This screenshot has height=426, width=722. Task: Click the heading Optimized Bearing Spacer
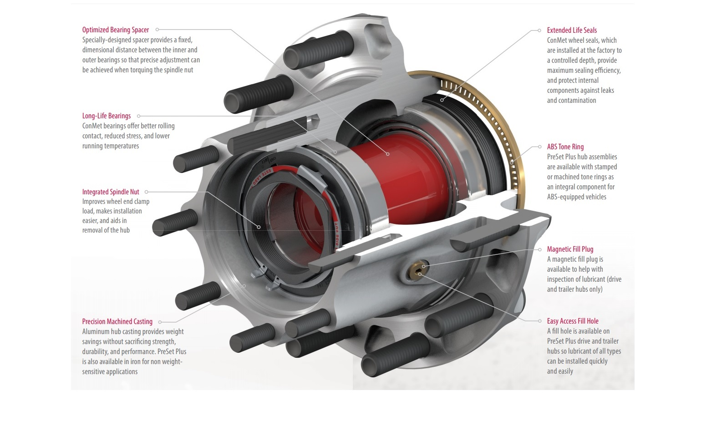(115, 30)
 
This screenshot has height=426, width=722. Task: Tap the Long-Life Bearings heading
(106, 116)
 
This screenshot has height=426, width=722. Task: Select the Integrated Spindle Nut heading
(111, 192)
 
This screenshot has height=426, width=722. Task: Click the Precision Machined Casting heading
(117, 322)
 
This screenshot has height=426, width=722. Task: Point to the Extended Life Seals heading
(572, 30)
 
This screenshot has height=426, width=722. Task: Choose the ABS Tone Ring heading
(565, 147)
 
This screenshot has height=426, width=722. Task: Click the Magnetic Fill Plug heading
(570, 249)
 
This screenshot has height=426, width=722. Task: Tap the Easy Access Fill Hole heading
(573, 321)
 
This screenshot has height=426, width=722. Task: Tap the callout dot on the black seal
(442, 100)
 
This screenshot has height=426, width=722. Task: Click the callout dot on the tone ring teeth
(512, 162)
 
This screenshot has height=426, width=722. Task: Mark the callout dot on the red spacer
(388, 154)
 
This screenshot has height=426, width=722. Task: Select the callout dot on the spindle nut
(259, 227)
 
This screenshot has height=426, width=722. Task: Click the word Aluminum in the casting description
(95, 332)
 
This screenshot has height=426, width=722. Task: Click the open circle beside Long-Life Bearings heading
(139, 116)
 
